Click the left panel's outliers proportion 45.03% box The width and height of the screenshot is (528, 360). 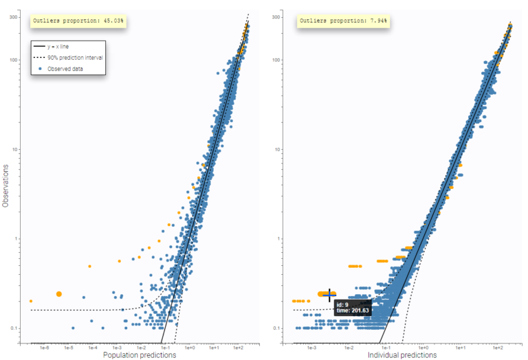coord(79,21)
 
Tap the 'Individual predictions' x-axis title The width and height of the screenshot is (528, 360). coord(401,355)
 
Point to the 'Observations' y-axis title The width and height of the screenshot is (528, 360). coord(5,185)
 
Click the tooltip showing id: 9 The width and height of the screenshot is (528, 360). coord(353,306)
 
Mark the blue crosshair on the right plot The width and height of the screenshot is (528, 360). coord(329,293)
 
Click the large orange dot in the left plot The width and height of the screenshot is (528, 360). coord(59,293)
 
